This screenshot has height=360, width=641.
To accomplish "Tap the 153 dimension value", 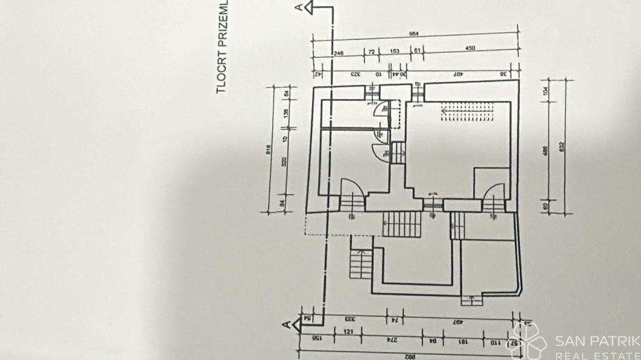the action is click(394, 52).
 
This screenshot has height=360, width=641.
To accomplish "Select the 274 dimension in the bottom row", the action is click(383, 340).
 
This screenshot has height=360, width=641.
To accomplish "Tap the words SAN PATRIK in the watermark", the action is click(598, 341).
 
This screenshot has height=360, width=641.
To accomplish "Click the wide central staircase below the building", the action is click(402, 224).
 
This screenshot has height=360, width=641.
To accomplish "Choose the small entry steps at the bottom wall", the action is click(473, 301).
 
